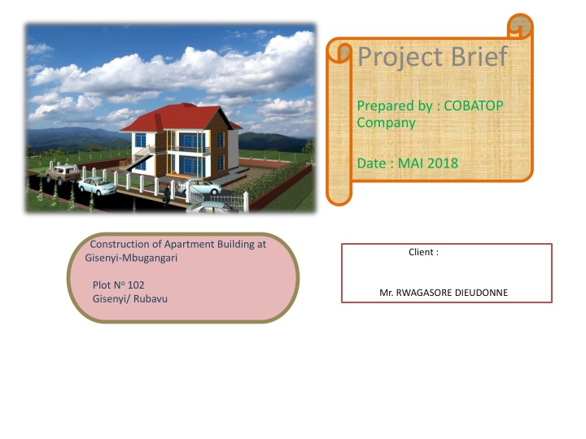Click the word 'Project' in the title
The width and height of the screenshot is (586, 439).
pos(394,58)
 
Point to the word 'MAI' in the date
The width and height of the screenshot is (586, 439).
pos(404,164)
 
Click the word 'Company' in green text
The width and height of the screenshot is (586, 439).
pos(386,123)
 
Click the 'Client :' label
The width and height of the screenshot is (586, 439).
pos(423,253)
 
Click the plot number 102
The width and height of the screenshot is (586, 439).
pos(136,285)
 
